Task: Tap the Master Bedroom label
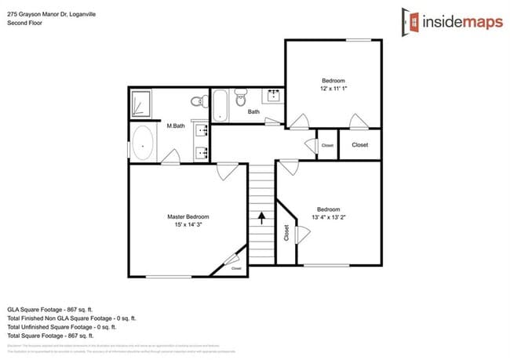(188, 216)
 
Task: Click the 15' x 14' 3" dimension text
(188, 226)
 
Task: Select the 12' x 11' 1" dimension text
(333, 89)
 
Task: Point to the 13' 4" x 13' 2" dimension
(328, 218)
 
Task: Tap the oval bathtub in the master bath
(144, 145)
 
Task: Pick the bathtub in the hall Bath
(220, 105)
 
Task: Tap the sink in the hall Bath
(275, 96)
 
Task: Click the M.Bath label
(175, 126)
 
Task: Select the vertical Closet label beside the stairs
(286, 233)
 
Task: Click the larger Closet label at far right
(360, 145)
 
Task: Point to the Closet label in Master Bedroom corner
(237, 268)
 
